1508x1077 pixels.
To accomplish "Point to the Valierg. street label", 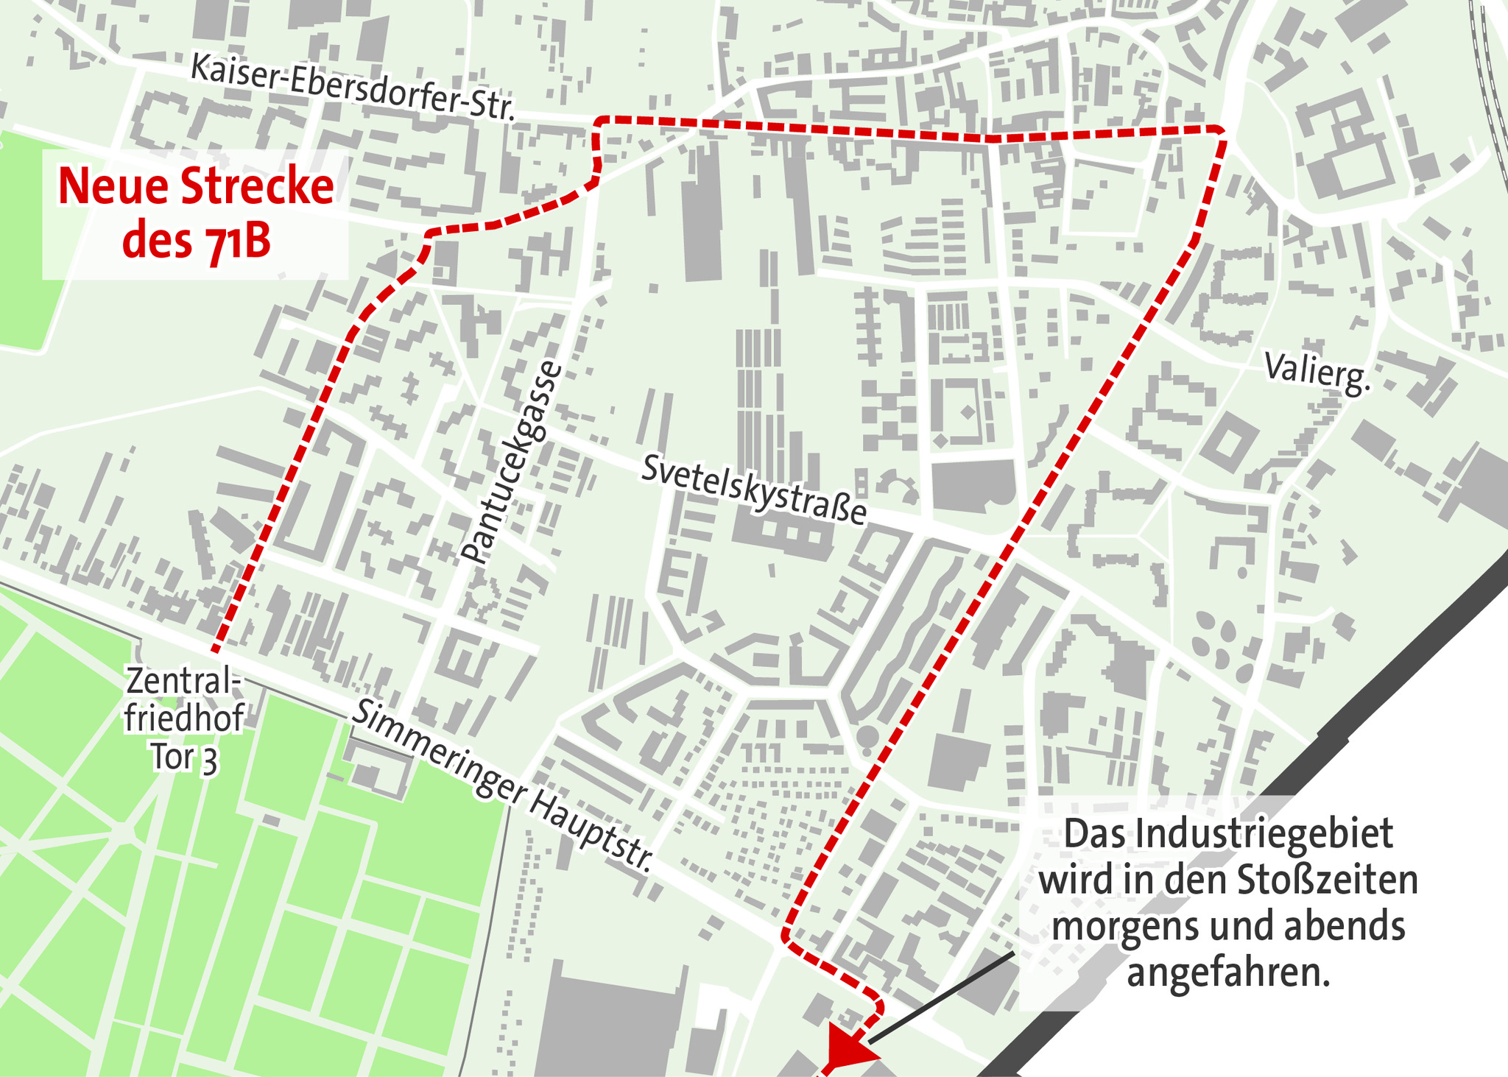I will [x=1318, y=374].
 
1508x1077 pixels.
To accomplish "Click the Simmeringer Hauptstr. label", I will [x=503, y=786].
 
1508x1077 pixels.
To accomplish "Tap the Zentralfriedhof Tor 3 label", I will [x=183, y=719].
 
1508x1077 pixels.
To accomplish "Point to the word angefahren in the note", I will [x=1228, y=973].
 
